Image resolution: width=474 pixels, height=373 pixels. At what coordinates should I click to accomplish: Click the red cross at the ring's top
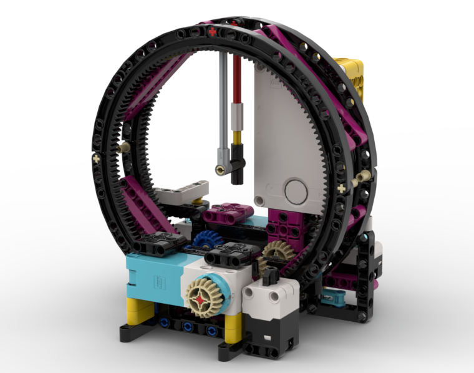tap(213, 31)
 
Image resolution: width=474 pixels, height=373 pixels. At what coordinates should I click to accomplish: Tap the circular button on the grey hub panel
tap(296, 188)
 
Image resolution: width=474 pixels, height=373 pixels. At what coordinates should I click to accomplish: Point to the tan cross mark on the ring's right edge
tap(342, 188)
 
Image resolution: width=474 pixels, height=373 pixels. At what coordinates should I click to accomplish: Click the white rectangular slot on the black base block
tap(269, 340)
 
